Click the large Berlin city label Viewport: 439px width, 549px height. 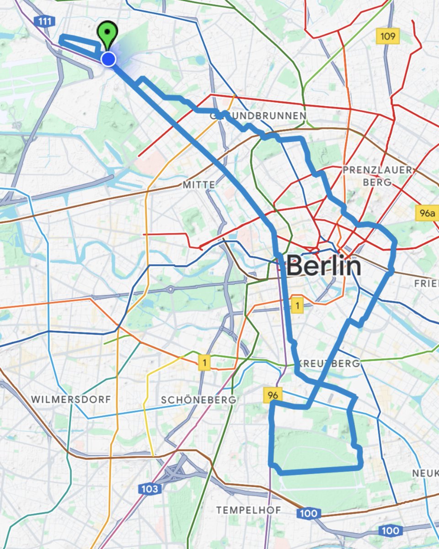pos(324,266)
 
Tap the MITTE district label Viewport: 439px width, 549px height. pos(198,185)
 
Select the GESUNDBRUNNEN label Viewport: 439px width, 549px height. pos(258,116)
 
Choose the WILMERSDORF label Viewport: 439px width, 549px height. pos(71,399)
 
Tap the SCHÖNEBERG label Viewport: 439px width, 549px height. pos(198,400)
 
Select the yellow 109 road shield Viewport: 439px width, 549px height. pos(388,36)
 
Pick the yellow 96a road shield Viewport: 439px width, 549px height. pos(427,213)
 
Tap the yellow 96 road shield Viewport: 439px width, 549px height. pos(273,394)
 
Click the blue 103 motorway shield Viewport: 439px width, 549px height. pos(150,489)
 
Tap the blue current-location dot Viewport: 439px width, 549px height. pos(108,59)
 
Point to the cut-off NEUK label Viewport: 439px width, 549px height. pos(425,473)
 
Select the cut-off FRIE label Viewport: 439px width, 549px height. pos(426,284)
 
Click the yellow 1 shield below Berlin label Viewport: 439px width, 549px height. pos(297,306)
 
